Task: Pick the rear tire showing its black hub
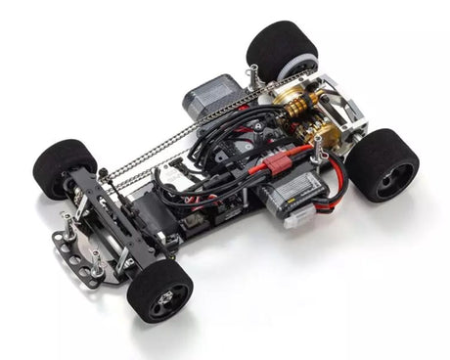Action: pyautogui.click(x=382, y=163)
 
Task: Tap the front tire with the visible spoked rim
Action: pyautogui.click(x=158, y=290)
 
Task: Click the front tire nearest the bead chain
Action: pyautogui.click(x=64, y=166)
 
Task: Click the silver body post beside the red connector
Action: pyautogui.click(x=318, y=148)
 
